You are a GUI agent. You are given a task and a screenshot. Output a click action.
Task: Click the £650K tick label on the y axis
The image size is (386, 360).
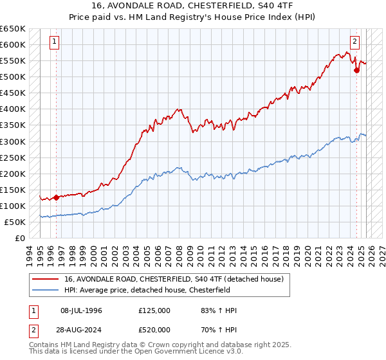(x=14, y=29)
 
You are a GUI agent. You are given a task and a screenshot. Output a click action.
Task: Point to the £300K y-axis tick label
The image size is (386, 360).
(x=14, y=141)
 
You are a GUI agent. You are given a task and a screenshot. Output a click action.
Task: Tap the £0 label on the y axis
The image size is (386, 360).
(x=21, y=238)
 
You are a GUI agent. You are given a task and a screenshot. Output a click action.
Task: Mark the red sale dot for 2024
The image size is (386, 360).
(x=356, y=71)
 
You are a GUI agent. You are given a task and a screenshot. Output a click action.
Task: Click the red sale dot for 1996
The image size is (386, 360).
(x=56, y=197)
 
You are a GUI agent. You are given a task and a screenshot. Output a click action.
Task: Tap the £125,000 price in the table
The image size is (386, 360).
(x=154, y=310)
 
